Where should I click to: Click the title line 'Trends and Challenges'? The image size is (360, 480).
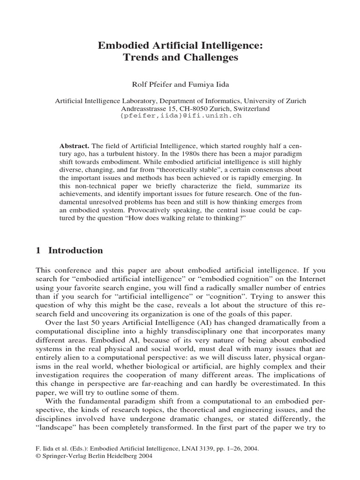pyautogui.click(x=180, y=58)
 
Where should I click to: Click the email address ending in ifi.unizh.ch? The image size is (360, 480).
pyautogui.click(x=181, y=115)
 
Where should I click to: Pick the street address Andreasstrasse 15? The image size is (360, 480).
pyautogui.click(x=142, y=108)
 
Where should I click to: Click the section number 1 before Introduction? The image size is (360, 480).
pyautogui.click(x=38, y=250)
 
